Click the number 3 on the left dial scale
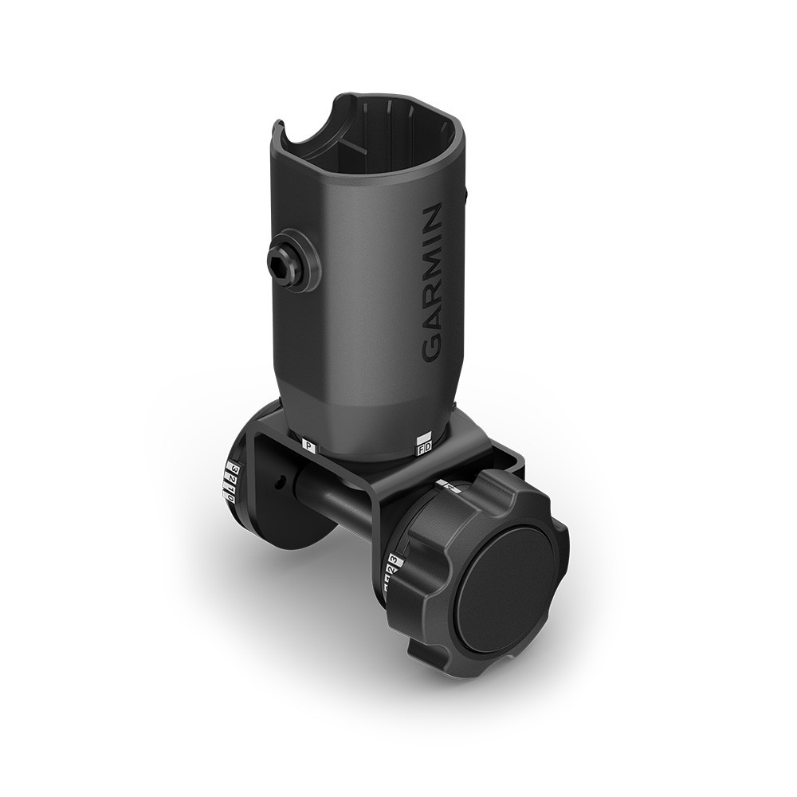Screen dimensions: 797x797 pos(234,467)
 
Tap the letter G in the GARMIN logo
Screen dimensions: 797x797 pos(431,348)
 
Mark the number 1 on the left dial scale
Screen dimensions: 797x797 pos(230,489)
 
